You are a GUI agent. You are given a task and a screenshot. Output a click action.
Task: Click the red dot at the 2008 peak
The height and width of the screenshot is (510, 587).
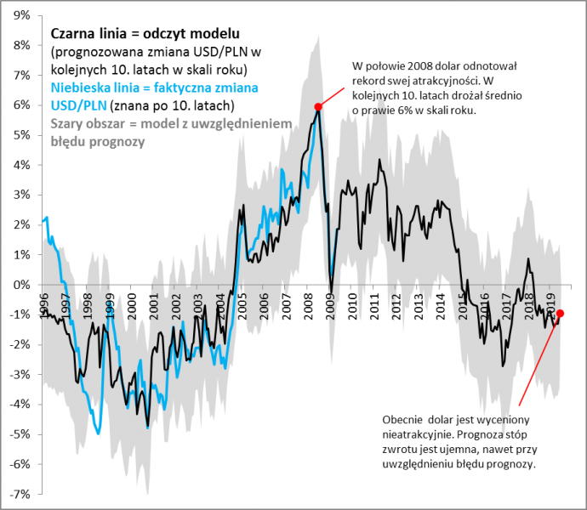click(x=318, y=106)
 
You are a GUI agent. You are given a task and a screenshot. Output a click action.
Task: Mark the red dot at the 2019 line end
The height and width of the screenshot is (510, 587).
click(x=560, y=314)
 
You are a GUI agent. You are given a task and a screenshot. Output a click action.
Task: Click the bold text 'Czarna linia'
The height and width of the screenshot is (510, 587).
click(x=85, y=33)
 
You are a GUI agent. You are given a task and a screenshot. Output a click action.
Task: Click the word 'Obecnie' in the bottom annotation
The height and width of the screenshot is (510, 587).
click(x=402, y=419)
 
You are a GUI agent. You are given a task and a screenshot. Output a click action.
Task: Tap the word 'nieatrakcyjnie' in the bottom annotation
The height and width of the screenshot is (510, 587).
click(x=423, y=433)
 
